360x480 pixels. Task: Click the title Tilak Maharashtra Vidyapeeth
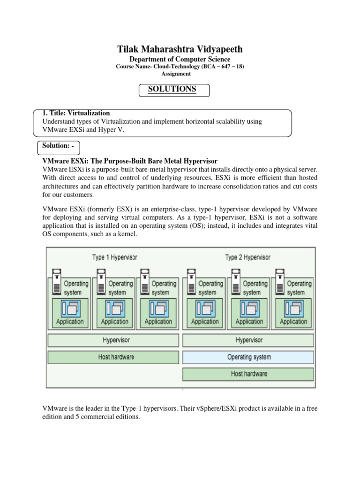coord(180,49)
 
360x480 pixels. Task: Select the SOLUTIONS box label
coord(172,89)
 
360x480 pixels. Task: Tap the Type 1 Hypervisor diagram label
coord(114,257)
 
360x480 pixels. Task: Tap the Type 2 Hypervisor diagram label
coord(247,257)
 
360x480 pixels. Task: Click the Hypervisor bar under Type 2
coord(249,340)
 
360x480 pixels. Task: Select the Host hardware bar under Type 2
coord(249,374)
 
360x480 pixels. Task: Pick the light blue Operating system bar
coord(249,357)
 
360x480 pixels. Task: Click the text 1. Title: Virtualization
coord(76,113)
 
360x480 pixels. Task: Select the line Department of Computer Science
coord(180,59)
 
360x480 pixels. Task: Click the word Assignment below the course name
coord(176,74)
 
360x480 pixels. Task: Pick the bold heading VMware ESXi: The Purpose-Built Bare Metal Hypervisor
coord(130,161)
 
